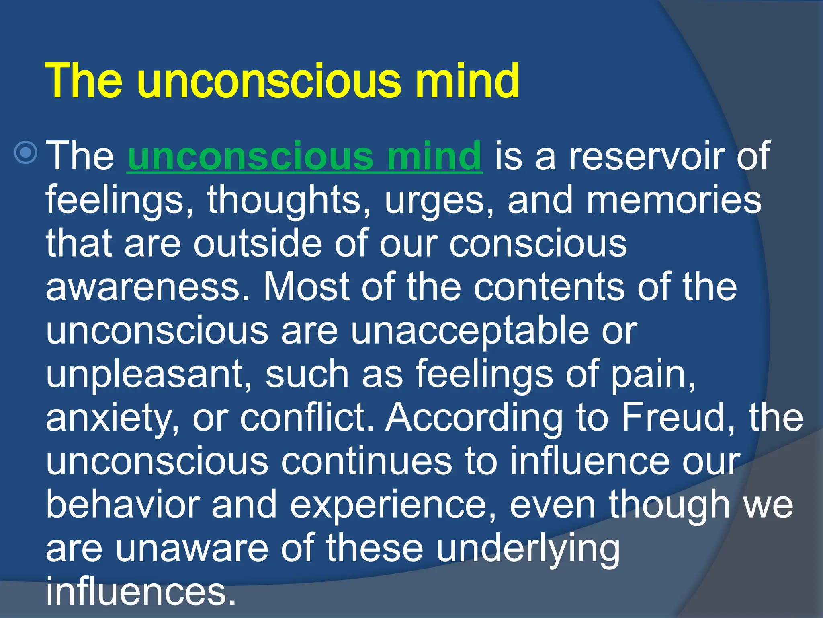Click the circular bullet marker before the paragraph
(x=26, y=153)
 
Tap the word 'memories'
(x=674, y=200)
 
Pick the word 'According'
(x=474, y=418)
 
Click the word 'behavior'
(x=123, y=505)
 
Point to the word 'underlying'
(x=528, y=549)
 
